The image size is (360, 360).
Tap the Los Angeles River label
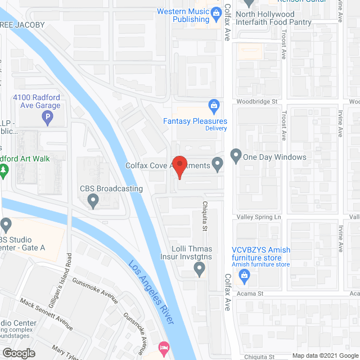point(152,292)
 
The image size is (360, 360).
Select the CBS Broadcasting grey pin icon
point(94,200)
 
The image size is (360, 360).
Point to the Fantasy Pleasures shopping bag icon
point(214,105)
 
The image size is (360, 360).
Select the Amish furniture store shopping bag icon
point(244,274)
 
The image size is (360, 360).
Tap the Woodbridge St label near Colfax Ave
point(258,102)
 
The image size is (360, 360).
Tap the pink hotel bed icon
point(164,346)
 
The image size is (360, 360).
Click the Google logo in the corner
point(18,353)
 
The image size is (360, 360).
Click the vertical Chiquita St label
point(205,204)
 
